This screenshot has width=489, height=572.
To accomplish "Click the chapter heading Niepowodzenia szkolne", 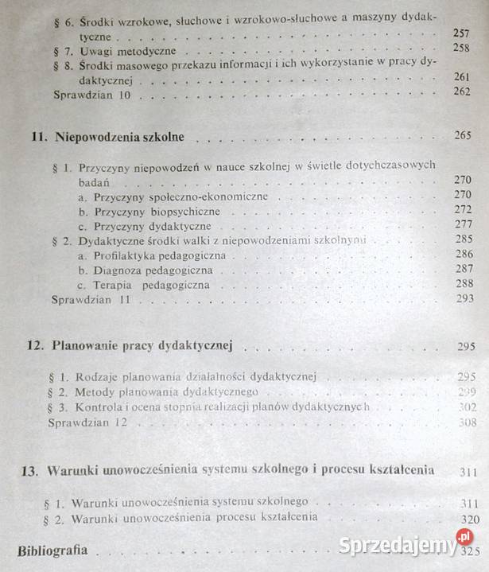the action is click(119, 137).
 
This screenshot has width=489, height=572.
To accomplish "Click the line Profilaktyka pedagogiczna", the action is click(151, 255).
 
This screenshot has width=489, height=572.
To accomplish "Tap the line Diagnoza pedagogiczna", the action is click(145, 270).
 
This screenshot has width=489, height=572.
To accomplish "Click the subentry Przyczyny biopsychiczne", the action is click(149, 212).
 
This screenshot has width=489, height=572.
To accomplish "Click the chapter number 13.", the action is click(29, 470).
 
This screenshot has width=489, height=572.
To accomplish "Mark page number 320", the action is click(468, 517).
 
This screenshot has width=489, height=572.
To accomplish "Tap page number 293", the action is click(462, 300).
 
